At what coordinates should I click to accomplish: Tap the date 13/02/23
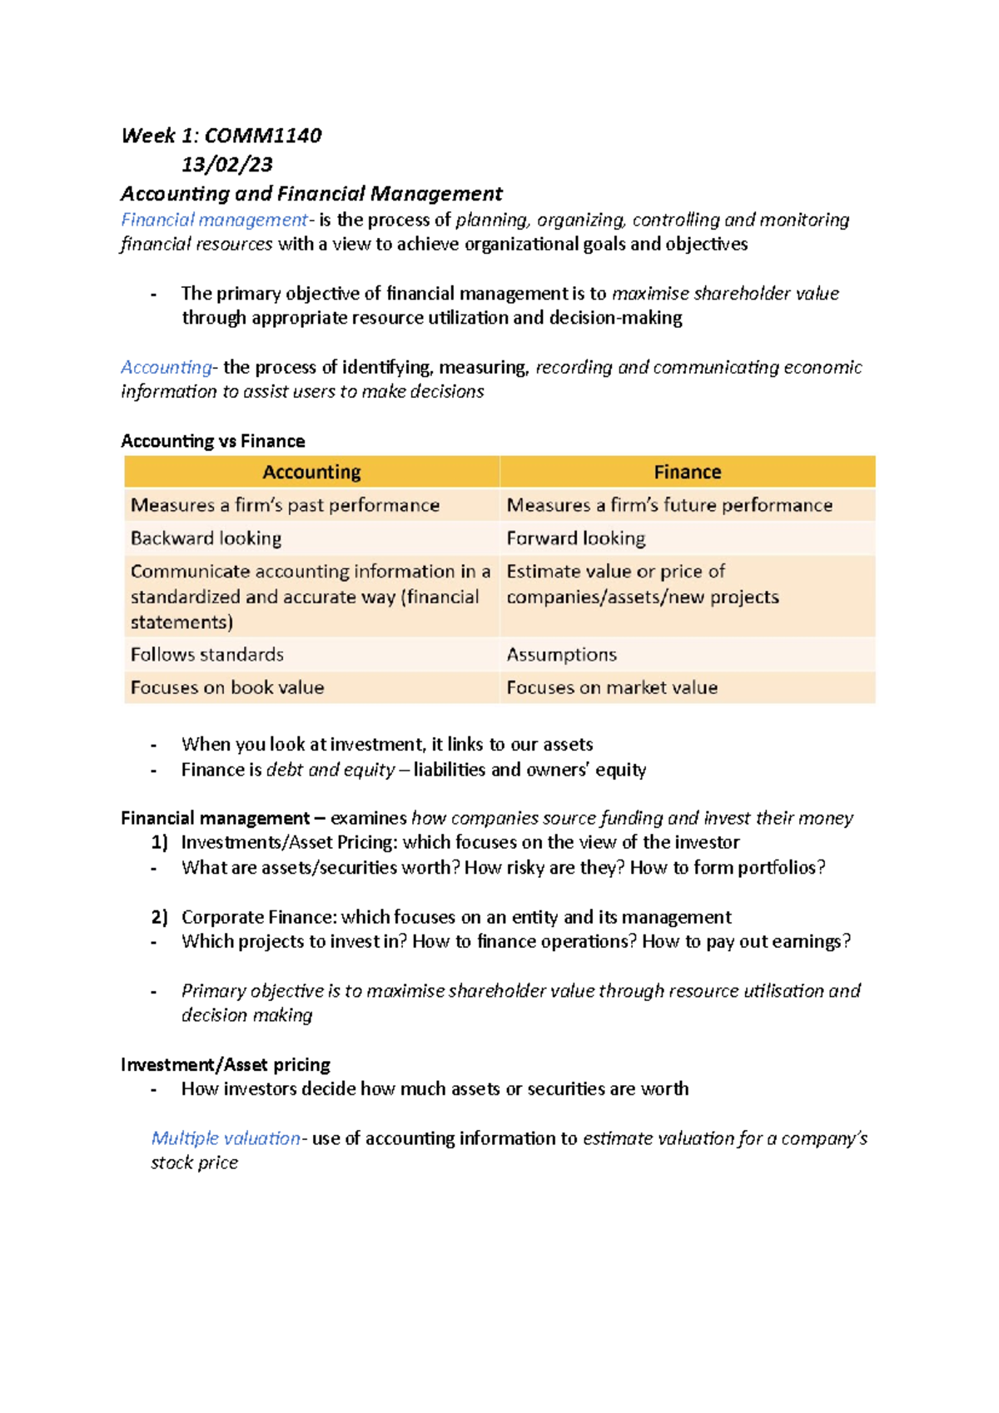tap(227, 165)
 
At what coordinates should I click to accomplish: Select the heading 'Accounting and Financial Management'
tap(311, 194)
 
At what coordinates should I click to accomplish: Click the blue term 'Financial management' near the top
tap(214, 220)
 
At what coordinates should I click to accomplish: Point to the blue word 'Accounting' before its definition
tap(166, 367)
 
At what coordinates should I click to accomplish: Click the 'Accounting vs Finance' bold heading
tap(213, 441)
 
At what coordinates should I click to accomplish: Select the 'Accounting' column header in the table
tap(311, 472)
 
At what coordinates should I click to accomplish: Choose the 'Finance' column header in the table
tap(687, 472)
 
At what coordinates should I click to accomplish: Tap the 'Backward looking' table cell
tap(206, 538)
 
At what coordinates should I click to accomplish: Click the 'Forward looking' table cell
tap(575, 538)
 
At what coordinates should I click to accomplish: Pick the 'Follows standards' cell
tap(207, 655)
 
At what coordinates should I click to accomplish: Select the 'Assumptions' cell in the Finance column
tap(561, 655)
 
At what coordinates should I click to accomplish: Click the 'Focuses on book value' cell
tap(227, 687)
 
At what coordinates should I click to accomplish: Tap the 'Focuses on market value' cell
tap(612, 687)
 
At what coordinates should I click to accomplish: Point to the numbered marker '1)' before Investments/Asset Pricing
tap(159, 842)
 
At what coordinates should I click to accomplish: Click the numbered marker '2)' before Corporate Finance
tap(159, 917)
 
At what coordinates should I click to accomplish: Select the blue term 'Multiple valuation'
tap(226, 1138)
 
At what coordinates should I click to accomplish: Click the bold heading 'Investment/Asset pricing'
tap(226, 1064)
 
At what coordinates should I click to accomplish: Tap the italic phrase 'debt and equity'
tap(331, 770)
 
